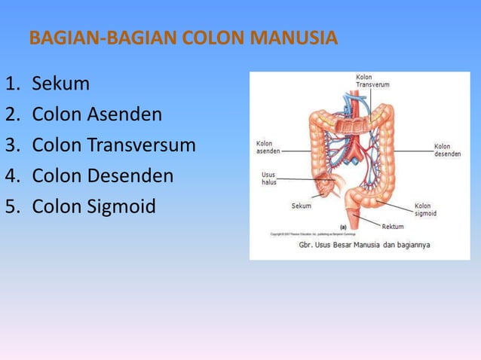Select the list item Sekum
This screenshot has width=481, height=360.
pyautogui.click(x=60, y=83)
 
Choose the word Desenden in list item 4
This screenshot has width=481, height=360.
pyautogui.click(x=128, y=176)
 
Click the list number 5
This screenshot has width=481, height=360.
pyautogui.click(x=11, y=206)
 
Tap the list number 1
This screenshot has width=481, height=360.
pyautogui.click(x=11, y=83)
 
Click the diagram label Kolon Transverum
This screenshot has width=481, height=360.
pyautogui.click(x=372, y=81)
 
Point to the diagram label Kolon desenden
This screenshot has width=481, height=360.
pyautogui.click(x=443, y=151)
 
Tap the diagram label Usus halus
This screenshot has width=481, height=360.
pyautogui.click(x=269, y=178)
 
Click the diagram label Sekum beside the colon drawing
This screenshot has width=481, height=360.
pyautogui.click(x=301, y=206)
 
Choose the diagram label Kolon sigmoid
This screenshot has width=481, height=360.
pyautogui.click(x=425, y=209)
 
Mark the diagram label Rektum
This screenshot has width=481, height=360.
pyautogui.click(x=393, y=226)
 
